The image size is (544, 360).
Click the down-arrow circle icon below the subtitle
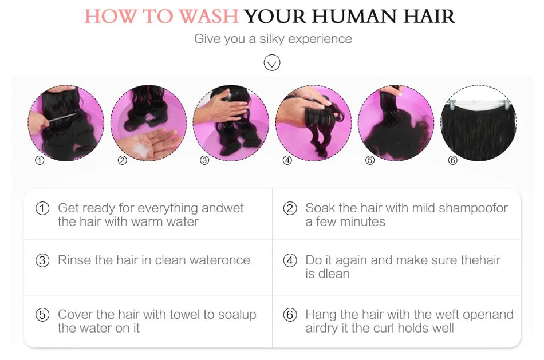pyautogui.click(x=271, y=62)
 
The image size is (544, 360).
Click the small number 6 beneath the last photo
pyautogui.click(x=452, y=160)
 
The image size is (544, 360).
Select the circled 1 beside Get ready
pyautogui.click(x=42, y=208)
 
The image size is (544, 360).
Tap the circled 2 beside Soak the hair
pyautogui.click(x=290, y=208)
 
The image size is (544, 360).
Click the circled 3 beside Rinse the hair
pyautogui.click(x=42, y=260)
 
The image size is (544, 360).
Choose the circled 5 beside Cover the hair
pyautogui.click(x=42, y=315)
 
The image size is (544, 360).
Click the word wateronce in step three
pyautogui.click(x=219, y=260)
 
